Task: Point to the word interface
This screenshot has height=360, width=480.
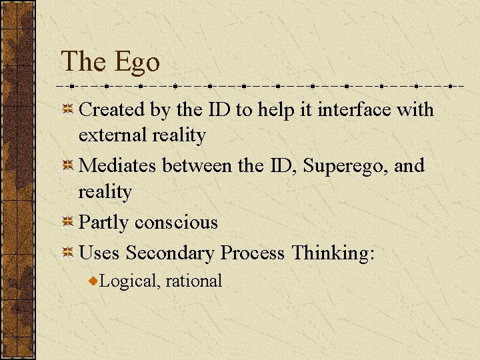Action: coord(354,109)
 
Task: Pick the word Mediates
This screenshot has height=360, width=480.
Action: coord(117,165)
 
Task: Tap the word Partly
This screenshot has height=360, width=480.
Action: coord(104,223)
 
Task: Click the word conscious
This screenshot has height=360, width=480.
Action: coord(176,223)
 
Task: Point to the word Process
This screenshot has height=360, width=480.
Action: coord(253,253)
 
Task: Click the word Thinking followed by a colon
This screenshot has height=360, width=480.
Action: coord(333,253)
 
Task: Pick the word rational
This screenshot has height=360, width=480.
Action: coord(193,281)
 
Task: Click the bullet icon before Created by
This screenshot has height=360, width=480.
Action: coord(68,109)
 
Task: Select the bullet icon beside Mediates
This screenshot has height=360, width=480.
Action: coord(68,165)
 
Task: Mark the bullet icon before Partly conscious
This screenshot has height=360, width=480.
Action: coord(68,222)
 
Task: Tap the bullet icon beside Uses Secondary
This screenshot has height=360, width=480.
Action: coord(68,253)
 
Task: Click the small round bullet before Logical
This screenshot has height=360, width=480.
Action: coord(94,281)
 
